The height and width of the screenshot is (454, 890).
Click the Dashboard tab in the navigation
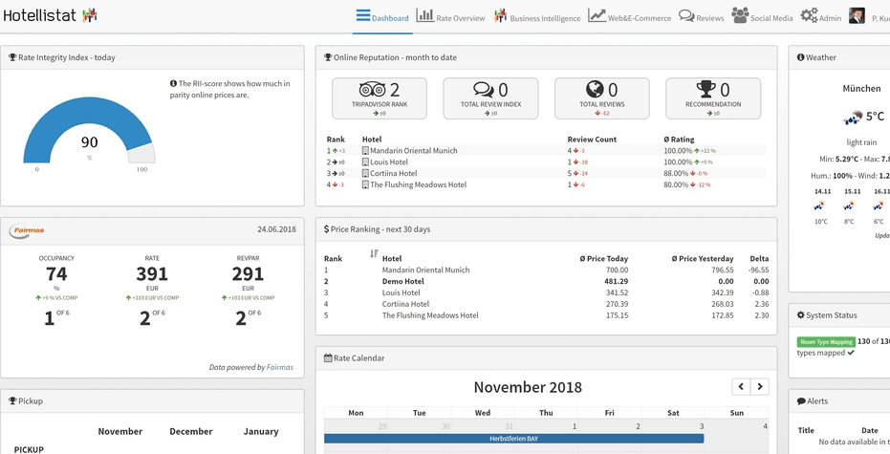pyautogui.click(x=382, y=17)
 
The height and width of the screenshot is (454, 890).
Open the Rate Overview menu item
pyautogui.click(x=451, y=17)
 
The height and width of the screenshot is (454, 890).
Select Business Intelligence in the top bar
pyautogui.click(x=537, y=17)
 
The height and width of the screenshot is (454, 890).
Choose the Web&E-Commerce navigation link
pyautogui.click(x=630, y=17)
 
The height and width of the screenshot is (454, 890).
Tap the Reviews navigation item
pyautogui.click(x=702, y=17)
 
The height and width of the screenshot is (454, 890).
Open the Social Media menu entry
pyautogui.click(x=763, y=17)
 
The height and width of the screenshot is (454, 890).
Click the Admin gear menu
pyautogui.click(x=821, y=17)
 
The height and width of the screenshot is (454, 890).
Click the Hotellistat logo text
pyautogui.click(x=40, y=15)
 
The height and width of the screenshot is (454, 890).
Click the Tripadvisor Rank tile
pyautogui.click(x=380, y=98)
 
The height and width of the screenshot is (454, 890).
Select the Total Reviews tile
pyautogui.click(x=601, y=98)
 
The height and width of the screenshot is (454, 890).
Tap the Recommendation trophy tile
pyautogui.click(x=713, y=98)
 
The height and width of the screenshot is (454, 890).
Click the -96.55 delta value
pyautogui.click(x=757, y=270)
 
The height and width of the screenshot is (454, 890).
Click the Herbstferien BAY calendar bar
pyautogui.click(x=513, y=439)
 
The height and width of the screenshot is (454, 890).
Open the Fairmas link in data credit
pyautogui.click(x=280, y=367)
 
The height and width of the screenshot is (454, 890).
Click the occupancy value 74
pyautogui.click(x=56, y=274)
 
